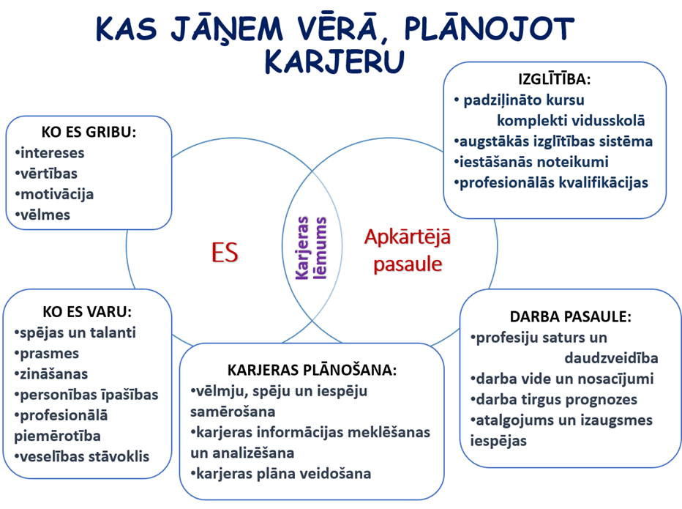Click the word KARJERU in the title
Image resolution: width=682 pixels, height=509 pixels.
click(335, 62)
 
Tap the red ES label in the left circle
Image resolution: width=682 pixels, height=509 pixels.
click(225, 252)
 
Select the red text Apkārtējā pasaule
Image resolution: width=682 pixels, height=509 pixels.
click(408, 250)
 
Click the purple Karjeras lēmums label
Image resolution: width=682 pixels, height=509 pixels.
click(310, 248)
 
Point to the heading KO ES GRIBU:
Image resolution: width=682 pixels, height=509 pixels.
click(89, 132)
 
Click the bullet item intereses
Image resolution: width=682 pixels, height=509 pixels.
click(50, 153)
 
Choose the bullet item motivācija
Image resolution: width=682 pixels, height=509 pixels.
click(54, 194)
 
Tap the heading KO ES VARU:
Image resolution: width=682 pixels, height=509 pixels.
click(87, 312)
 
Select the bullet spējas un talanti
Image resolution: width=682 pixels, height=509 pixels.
click(75, 332)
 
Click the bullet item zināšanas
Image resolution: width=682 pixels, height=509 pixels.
click(51, 374)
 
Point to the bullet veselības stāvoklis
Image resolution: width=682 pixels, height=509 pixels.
click(82, 456)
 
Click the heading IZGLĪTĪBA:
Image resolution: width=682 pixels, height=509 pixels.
click(555, 79)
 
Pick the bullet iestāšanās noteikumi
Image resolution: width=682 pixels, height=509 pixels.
click(531, 162)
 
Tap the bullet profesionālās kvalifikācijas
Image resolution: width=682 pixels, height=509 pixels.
click(551, 182)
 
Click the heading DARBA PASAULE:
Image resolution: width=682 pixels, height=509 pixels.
click(570, 316)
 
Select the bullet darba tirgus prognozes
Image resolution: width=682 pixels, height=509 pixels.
click(554, 400)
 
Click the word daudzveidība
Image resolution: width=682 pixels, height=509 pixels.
click(611, 358)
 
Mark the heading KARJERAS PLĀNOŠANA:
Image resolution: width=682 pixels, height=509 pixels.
click(312, 370)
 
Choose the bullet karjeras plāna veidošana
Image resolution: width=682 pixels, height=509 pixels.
click(281, 474)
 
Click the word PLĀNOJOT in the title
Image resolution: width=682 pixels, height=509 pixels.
click(490, 29)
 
